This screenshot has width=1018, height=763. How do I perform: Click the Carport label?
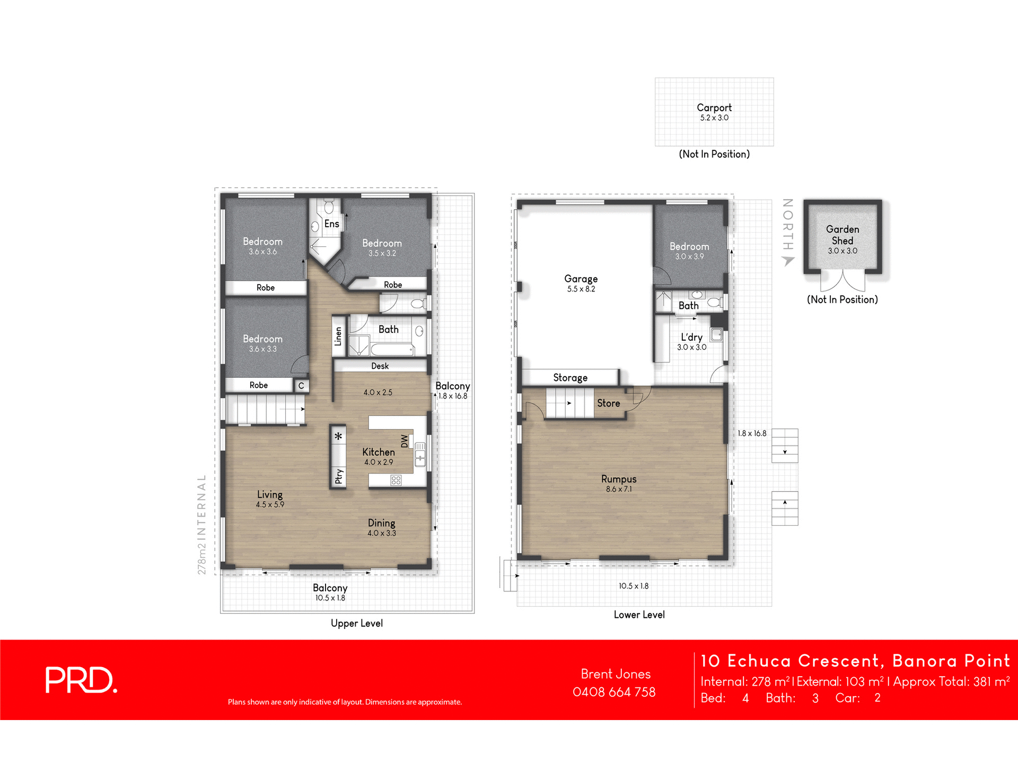click(x=714, y=108)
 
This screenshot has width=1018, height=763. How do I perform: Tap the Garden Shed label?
click(x=842, y=235)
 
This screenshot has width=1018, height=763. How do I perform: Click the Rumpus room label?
click(x=619, y=479)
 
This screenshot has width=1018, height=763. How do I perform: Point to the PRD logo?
click(x=81, y=680)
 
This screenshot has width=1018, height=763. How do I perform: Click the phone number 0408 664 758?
click(x=614, y=692)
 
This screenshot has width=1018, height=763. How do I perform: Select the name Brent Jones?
click(x=615, y=674)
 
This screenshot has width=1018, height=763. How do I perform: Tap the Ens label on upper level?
click(x=331, y=224)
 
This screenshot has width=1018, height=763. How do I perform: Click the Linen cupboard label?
click(x=338, y=336)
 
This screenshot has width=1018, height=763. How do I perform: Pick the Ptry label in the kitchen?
click(x=338, y=476)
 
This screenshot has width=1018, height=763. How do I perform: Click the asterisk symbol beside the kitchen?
click(x=338, y=437)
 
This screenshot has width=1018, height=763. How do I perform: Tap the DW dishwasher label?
click(x=405, y=441)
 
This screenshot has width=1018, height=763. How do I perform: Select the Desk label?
click(x=380, y=366)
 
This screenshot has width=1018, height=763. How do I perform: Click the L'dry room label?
click(x=691, y=338)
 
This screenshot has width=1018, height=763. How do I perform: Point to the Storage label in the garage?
click(x=570, y=378)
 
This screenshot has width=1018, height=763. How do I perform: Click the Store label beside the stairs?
click(x=608, y=403)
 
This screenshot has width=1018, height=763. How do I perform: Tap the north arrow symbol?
click(x=788, y=260)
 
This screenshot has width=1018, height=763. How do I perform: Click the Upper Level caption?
click(x=356, y=623)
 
